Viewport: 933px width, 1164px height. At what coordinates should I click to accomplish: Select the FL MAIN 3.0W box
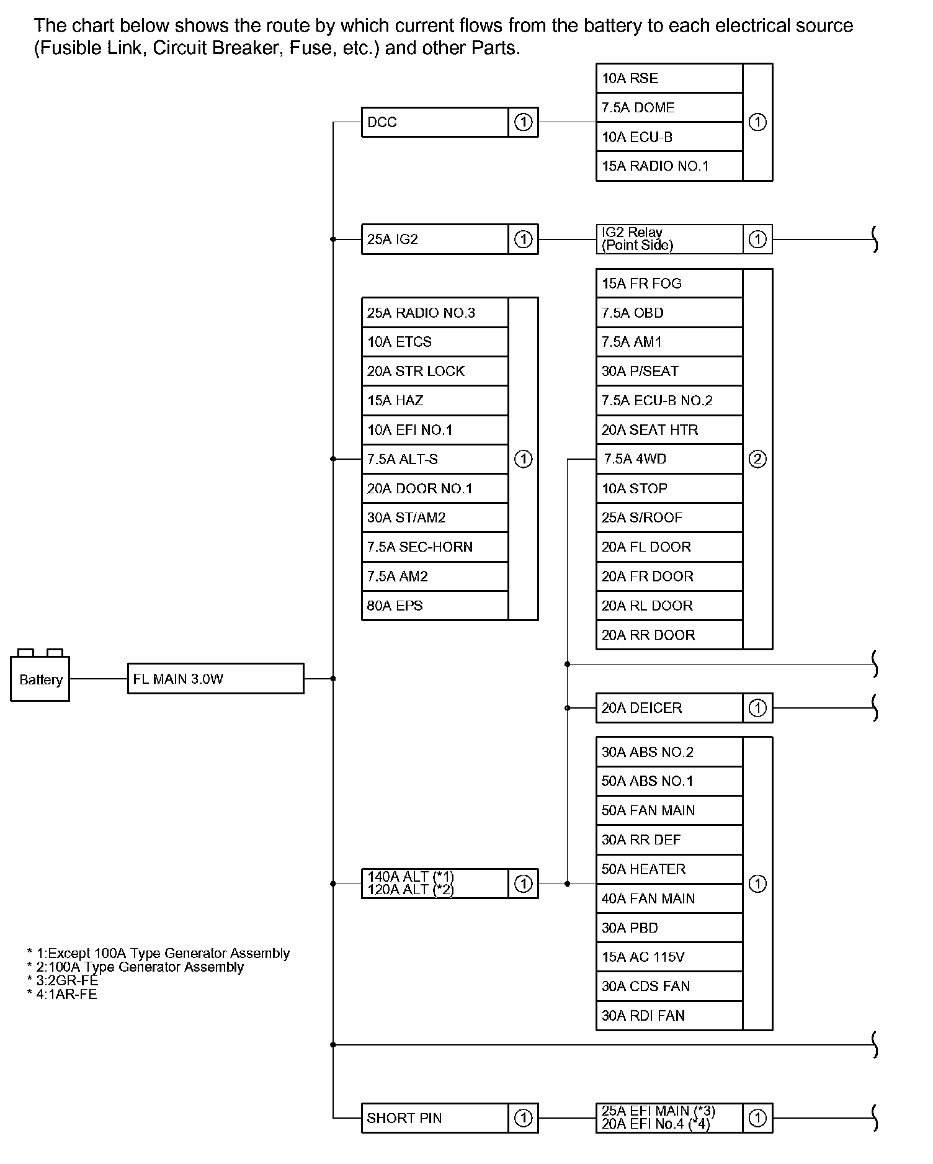pyautogui.click(x=215, y=679)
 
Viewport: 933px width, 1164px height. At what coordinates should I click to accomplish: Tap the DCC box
pyautogui.click(x=434, y=122)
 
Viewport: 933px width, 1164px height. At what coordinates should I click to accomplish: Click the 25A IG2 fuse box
pyautogui.click(x=434, y=239)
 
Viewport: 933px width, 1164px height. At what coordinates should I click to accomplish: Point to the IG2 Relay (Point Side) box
pyautogui.click(x=669, y=239)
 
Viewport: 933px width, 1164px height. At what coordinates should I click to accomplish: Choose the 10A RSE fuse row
pyautogui.click(x=669, y=78)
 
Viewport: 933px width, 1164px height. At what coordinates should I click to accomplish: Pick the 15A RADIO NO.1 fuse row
pyautogui.click(x=669, y=166)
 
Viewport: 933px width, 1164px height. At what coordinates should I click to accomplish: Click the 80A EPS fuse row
pyautogui.click(x=434, y=606)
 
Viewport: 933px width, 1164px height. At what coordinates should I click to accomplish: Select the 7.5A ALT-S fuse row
pyautogui.click(x=434, y=459)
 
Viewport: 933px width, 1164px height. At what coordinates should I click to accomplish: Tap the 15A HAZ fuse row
pyautogui.click(x=434, y=400)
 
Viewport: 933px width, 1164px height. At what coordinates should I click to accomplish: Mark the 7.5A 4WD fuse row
pyautogui.click(x=669, y=459)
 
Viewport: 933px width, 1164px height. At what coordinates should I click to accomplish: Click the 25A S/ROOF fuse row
pyautogui.click(x=669, y=517)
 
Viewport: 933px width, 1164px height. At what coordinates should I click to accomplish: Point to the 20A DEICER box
pyautogui.click(x=669, y=708)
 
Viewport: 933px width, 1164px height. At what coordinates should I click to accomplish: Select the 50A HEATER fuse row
pyautogui.click(x=669, y=869)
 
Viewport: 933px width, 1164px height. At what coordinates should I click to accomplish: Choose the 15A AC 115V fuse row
pyautogui.click(x=669, y=957)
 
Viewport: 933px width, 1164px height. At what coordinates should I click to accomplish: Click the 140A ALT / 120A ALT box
pyautogui.click(x=434, y=884)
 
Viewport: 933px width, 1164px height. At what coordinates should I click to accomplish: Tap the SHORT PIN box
pyautogui.click(x=434, y=1118)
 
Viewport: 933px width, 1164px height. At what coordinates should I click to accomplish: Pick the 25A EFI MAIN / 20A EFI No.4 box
pyautogui.click(x=669, y=1118)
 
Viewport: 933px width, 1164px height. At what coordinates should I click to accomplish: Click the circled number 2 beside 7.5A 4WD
pyautogui.click(x=757, y=459)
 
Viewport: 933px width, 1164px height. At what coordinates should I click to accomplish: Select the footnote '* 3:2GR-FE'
pyautogui.click(x=63, y=980)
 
